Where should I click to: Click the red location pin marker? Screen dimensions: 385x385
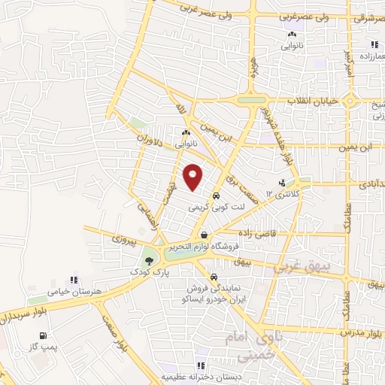(x=194, y=177)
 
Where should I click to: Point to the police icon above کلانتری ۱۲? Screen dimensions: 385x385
(x=282, y=183)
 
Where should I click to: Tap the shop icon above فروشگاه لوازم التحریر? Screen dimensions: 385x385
(x=204, y=236)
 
